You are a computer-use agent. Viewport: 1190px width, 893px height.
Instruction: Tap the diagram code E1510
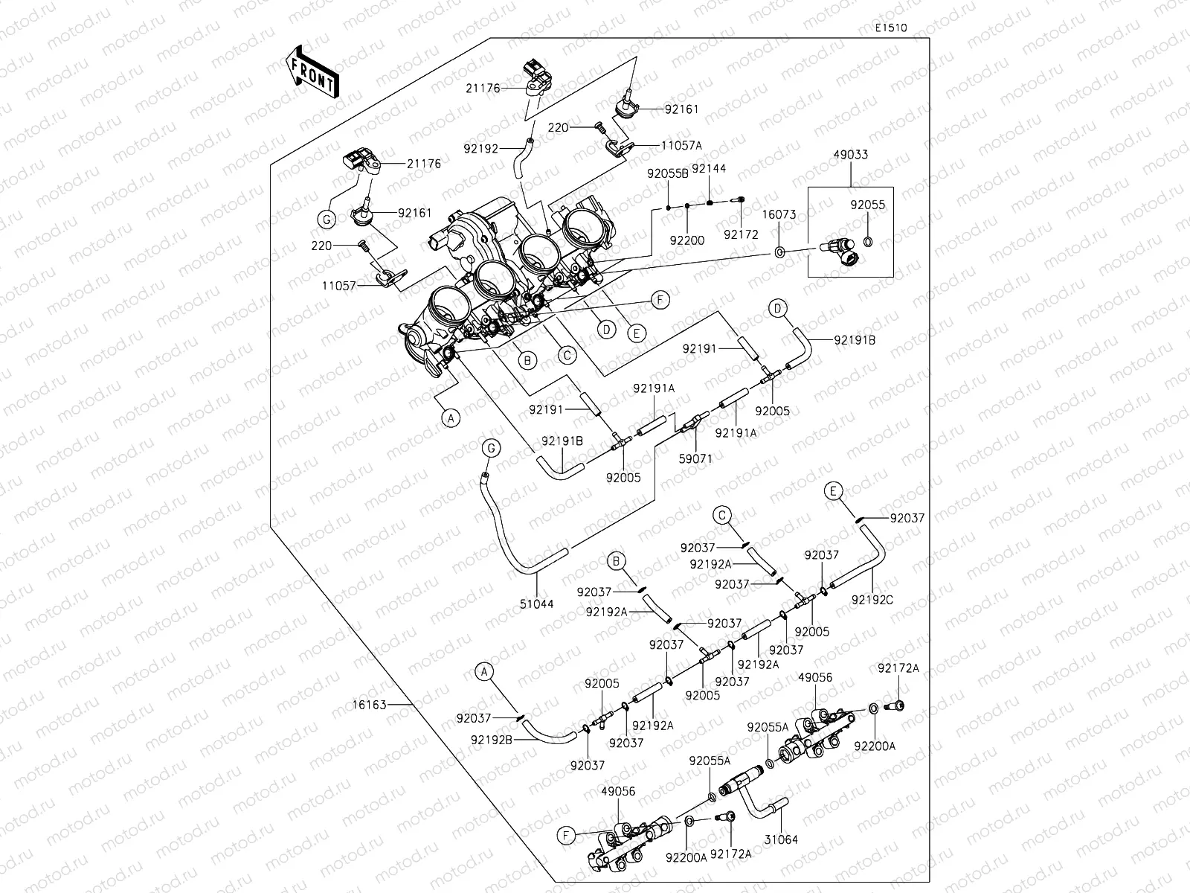pos(891,28)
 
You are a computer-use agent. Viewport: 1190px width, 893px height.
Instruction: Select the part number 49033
pos(851,155)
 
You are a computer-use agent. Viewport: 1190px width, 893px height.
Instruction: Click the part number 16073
pos(779,215)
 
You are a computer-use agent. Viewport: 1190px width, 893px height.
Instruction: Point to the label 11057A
pos(681,145)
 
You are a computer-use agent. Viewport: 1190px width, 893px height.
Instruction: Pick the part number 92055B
pos(668,173)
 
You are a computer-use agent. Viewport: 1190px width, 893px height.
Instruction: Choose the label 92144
pos(709,169)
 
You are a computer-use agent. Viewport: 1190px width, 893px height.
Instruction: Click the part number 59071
pos(695,458)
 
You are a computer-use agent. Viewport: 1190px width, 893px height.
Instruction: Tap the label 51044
pos(537,604)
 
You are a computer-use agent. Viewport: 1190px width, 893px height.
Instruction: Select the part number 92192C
pos(872,600)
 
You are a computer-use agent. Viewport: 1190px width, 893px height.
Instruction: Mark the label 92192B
pos(491,740)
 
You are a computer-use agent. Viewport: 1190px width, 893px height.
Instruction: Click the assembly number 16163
pos(369,705)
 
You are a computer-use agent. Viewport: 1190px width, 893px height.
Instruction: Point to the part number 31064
pos(781,840)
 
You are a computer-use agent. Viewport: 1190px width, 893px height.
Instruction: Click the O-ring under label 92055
pos(868,241)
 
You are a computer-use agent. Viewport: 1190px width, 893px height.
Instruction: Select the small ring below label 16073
pos(779,252)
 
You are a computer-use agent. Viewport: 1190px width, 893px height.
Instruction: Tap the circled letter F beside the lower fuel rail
pos(566,836)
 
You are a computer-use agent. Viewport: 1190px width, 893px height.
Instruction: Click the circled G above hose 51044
pos(491,449)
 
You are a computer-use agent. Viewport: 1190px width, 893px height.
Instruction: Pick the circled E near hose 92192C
pos(833,491)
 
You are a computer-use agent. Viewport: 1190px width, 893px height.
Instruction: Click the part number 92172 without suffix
pos(741,234)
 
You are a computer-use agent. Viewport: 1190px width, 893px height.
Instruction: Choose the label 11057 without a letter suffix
pos(339,286)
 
